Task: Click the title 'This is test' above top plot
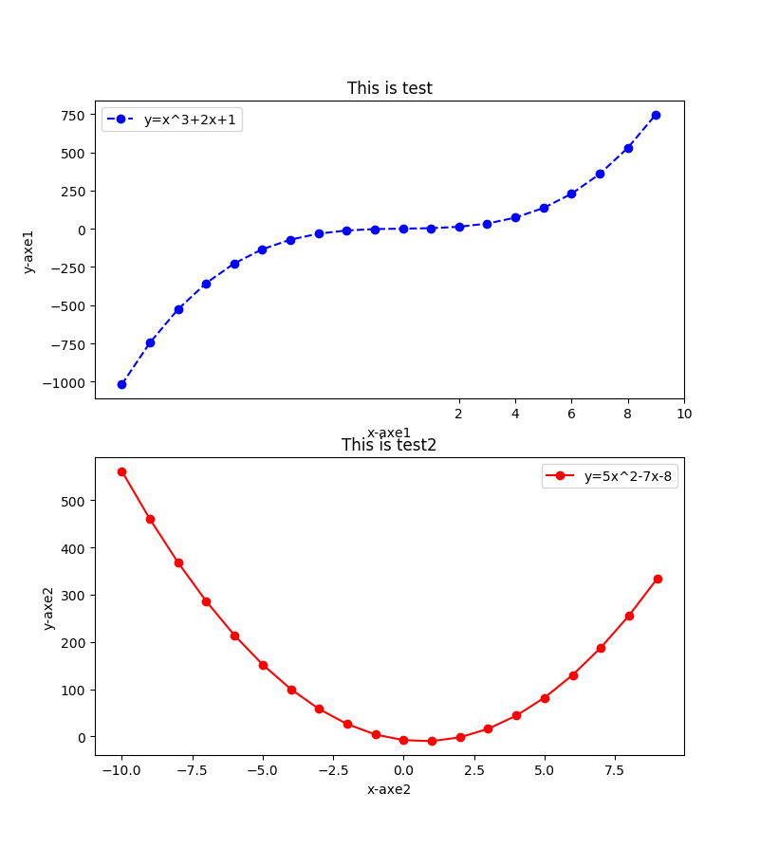(x=389, y=88)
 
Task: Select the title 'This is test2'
(x=389, y=445)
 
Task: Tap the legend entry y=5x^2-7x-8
(x=627, y=476)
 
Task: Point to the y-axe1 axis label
(x=28, y=251)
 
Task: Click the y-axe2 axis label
(x=48, y=608)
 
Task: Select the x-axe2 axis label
(x=389, y=789)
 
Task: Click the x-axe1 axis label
(x=389, y=433)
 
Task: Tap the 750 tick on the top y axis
(x=73, y=115)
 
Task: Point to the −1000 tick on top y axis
(x=66, y=382)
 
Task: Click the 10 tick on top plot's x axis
(x=684, y=414)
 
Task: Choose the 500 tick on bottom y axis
(x=73, y=501)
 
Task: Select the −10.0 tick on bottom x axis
(x=120, y=770)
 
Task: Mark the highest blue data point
(x=656, y=115)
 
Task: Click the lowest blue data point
(x=121, y=384)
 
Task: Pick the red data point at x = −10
(x=121, y=471)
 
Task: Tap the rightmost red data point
(x=658, y=579)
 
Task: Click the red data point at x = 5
(x=545, y=698)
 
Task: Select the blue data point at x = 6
(x=571, y=194)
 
